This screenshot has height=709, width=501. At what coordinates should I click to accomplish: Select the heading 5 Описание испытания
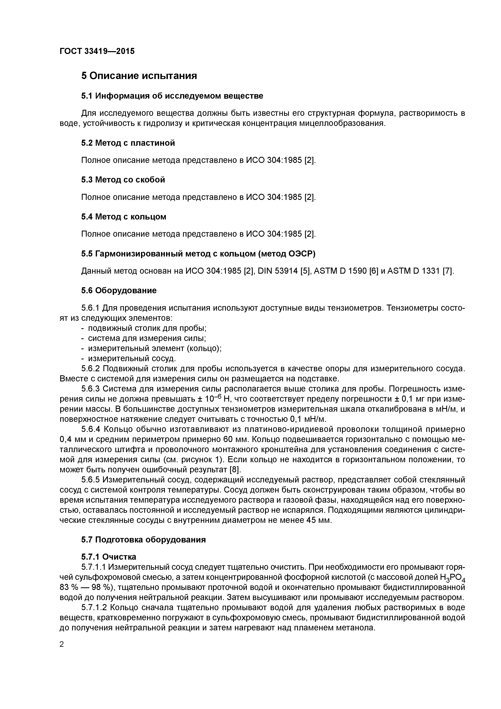tap(139, 76)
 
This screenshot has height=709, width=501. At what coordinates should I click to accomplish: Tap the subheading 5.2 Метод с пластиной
tap(128, 143)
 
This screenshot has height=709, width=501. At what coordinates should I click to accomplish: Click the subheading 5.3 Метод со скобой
tap(123, 180)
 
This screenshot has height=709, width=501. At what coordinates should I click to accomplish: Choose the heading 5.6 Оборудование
tap(119, 291)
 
